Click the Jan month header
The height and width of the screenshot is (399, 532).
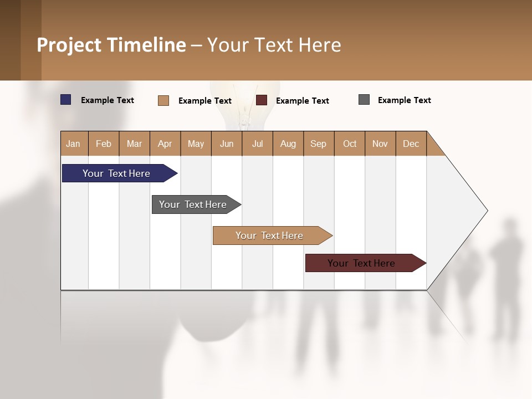tap(74, 144)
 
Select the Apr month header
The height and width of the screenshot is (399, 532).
tap(165, 144)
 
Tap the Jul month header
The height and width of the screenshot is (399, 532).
tap(257, 144)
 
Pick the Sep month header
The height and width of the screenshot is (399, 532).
tap(318, 144)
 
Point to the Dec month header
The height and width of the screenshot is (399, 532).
tap(411, 144)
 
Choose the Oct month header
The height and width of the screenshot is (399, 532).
tap(349, 144)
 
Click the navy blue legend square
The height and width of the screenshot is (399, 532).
tap(66, 100)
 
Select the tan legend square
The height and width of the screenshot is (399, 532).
tap(163, 100)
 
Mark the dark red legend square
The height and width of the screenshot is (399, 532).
tap(262, 100)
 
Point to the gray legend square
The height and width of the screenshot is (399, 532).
tap(364, 100)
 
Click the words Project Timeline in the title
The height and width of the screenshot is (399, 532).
tap(111, 45)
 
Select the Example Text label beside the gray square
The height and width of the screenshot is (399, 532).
tap(404, 100)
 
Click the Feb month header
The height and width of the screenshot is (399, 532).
tap(104, 144)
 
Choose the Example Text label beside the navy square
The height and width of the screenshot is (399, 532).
tap(108, 100)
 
